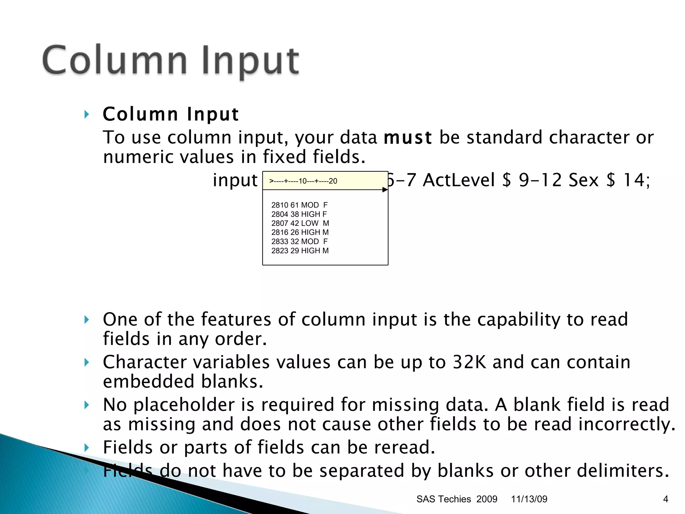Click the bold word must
(408, 138)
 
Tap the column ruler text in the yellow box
(303, 181)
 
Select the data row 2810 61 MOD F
(299, 205)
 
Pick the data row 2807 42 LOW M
(300, 223)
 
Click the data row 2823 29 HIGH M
(300, 251)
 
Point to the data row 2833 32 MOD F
(299, 241)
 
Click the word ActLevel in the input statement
(459, 180)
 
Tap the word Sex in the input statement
(583, 180)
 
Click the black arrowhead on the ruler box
(385, 190)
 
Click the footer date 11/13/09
(529, 499)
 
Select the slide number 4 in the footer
(665, 499)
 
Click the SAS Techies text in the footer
(444, 499)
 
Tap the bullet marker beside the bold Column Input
(87, 114)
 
